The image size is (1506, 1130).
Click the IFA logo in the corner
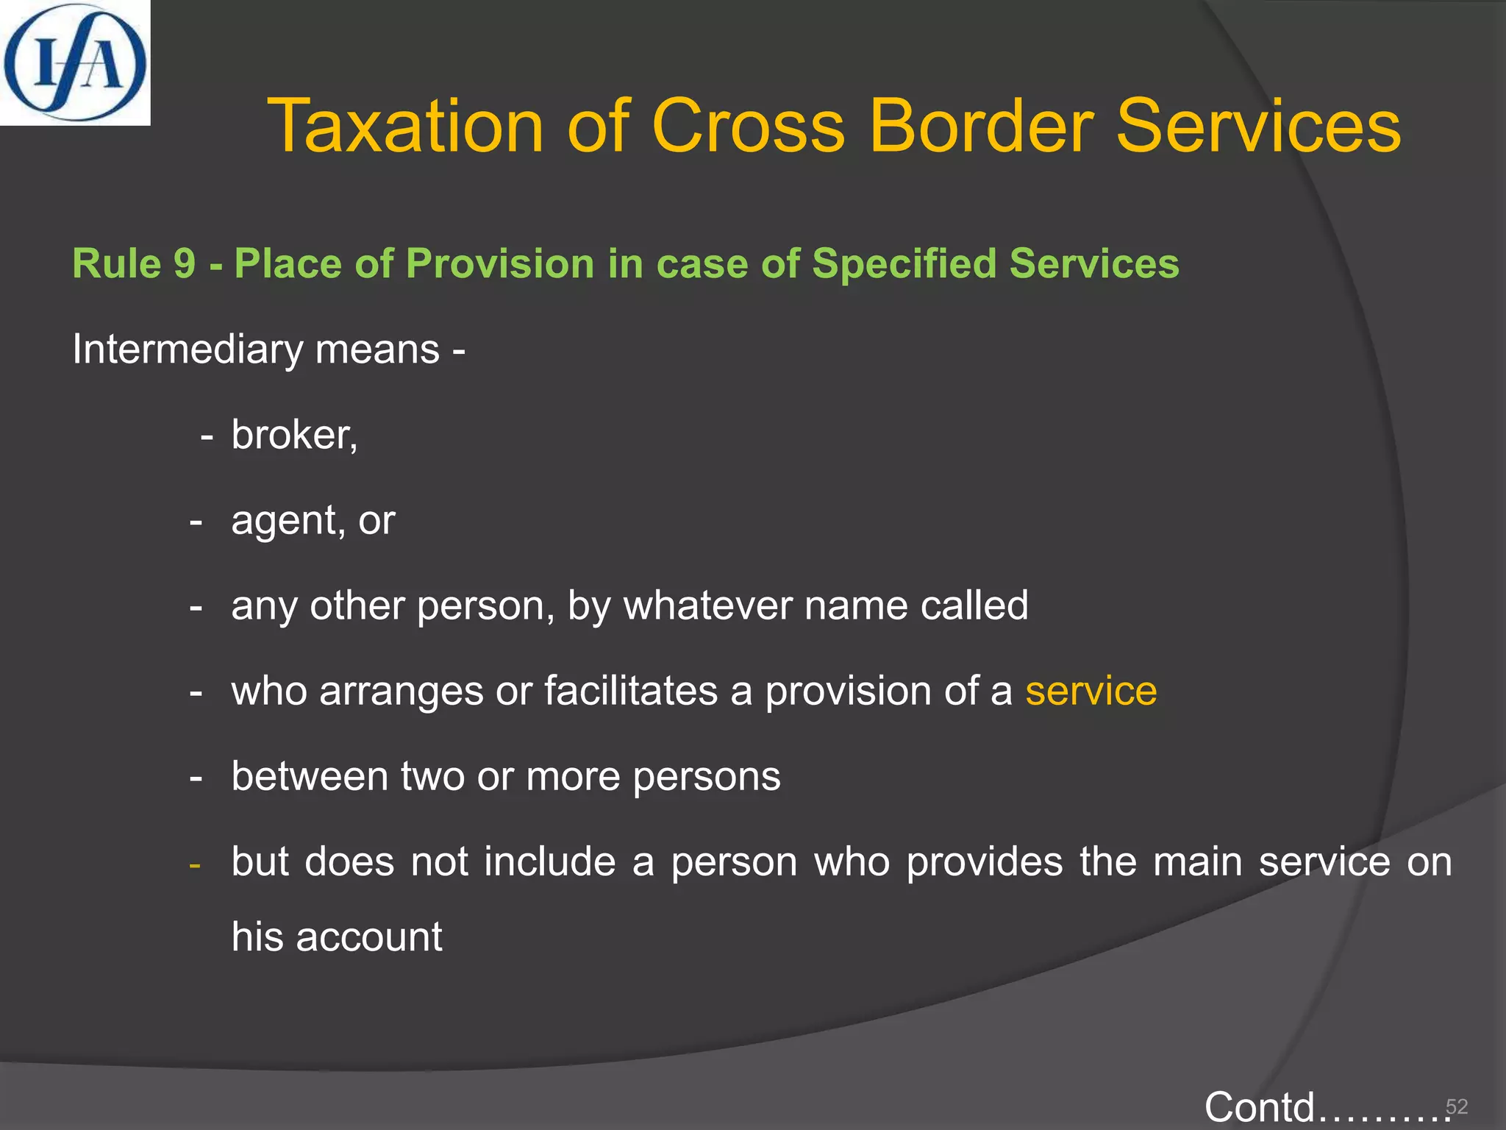[75, 63]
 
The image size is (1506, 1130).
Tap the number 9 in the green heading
[185, 263]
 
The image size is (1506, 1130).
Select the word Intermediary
[188, 349]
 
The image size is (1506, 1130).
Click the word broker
[292, 434]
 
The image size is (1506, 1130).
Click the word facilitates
[631, 691]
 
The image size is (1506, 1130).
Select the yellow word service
[1091, 691]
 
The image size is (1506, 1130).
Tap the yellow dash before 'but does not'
[195, 864]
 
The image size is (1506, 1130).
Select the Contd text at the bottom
[1259, 1107]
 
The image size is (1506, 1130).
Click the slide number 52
[1457, 1106]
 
